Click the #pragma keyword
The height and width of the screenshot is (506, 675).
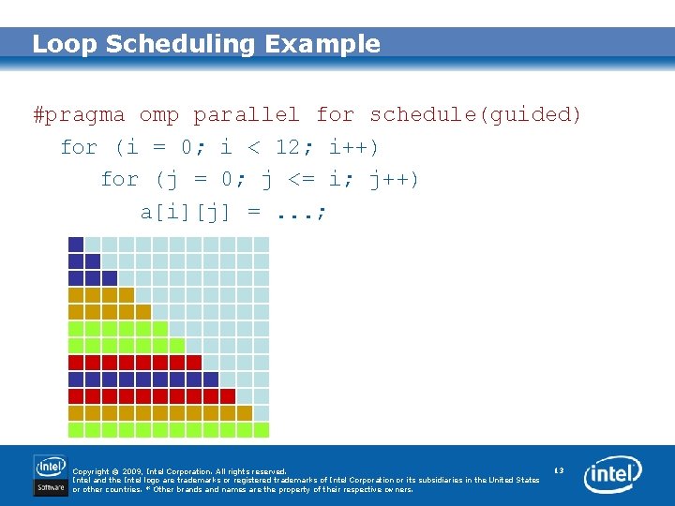79,115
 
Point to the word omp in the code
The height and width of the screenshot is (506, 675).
159,115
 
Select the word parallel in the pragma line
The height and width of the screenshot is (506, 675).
247,115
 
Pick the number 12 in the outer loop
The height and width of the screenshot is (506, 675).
288,147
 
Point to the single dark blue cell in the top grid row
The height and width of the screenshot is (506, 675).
76,245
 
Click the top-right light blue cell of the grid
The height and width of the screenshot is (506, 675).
262,245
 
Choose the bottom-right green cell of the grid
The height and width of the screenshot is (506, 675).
262,430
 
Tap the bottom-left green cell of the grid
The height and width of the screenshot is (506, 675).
76,430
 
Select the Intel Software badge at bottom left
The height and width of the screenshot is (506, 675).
50,475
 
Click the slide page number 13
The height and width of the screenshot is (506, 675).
559,469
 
